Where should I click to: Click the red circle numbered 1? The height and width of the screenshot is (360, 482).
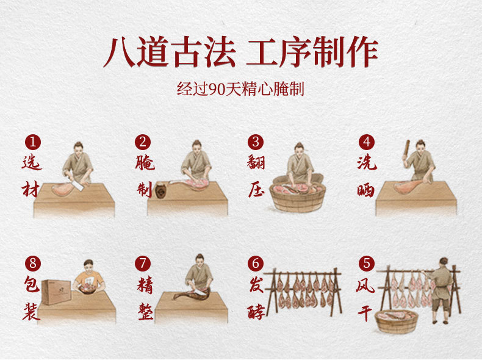coord(33,142)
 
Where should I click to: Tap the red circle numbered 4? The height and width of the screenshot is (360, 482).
coord(367,142)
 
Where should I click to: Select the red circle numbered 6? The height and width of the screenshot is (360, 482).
coord(256,264)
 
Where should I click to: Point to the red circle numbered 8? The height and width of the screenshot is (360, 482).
coord(33,264)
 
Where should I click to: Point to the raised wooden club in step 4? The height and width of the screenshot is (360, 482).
coord(406,148)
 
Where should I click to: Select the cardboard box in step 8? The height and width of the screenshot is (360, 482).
coord(57,292)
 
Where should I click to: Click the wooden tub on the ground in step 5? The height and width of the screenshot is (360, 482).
coord(397,322)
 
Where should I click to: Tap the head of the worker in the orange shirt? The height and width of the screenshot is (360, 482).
coord(88,266)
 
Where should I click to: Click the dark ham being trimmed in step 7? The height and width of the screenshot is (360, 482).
coord(191,294)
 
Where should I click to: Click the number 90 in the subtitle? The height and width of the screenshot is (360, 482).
coord(217,89)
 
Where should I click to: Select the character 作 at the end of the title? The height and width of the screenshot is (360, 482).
coord(362,52)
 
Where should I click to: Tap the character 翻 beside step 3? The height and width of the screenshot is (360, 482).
coord(256,162)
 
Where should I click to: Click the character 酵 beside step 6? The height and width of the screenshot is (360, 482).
coord(256,311)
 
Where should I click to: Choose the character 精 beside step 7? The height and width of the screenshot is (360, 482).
coord(145,286)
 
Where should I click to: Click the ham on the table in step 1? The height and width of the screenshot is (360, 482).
coord(63,189)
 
